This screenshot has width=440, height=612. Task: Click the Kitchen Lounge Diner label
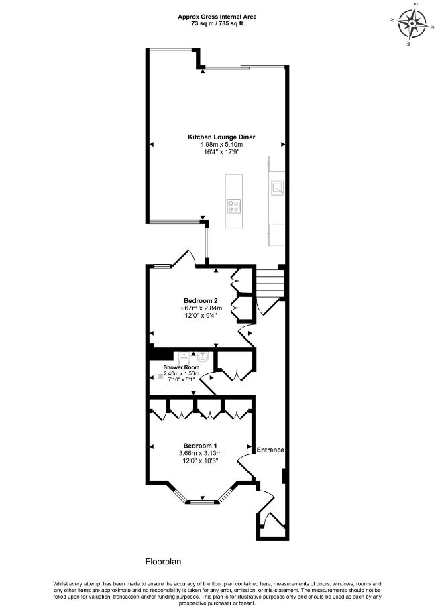[221, 137]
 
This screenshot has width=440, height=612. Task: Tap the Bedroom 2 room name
[201, 300]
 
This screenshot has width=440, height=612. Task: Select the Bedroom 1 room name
[201, 446]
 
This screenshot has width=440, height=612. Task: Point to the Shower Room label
[181, 367]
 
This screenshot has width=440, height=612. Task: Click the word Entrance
[270, 450]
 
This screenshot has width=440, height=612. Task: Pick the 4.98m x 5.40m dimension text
[221, 144]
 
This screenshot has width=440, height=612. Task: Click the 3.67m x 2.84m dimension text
[201, 308]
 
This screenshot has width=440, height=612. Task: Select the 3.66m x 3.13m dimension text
[201, 453]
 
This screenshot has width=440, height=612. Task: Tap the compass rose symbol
[412, 23]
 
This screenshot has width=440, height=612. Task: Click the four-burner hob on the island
[234, 206]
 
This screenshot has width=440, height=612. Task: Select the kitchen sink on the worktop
[278, 188]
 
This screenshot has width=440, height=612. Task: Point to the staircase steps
[270, 284]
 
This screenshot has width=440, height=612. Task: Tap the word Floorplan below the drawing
[163, 562]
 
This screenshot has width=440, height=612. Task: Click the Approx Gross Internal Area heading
[217, 17]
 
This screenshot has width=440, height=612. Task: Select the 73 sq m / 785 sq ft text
[217, 23]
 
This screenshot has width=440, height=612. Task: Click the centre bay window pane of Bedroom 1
[203, 501]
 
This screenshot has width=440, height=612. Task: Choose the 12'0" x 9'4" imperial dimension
[201, 315]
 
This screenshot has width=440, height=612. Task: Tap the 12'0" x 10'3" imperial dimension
[201, 461]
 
